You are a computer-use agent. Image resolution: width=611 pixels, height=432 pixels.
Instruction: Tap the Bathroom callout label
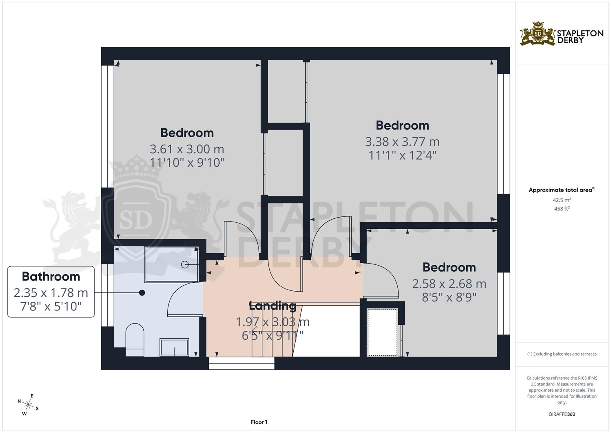click(x=51, y=292)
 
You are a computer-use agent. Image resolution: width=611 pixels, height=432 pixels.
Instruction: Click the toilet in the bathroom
click(x=135, y=340)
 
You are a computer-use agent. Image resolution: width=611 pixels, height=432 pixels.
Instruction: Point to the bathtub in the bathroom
click(x=172, y=264)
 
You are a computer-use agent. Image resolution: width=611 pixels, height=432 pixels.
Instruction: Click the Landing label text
click(x=272, y=306)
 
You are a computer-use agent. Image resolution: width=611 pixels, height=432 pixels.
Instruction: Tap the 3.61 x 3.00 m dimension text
click(x=187, y=149)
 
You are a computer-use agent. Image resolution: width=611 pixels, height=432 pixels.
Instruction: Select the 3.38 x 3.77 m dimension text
click(x=402, y=142)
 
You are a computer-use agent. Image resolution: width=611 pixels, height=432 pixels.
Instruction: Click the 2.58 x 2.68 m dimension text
click(x=449, y=284)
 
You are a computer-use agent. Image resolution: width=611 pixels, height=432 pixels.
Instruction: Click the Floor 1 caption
click(x=259, y=422)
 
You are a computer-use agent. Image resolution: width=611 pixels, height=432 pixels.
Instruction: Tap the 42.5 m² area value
click(x=562, y=200)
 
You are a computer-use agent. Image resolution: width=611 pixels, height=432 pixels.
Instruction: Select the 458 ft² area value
click(x=562, y=208)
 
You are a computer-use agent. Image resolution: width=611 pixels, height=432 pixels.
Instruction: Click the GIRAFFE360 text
click(x=561, y=414)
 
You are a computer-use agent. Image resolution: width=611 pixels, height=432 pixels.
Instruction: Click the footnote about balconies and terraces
click(x=561, y=354)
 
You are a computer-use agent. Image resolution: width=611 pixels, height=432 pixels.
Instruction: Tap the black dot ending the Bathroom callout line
click(x=142, y=293)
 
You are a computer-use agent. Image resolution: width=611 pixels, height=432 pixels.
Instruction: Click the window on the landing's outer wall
click(x=241, y=363)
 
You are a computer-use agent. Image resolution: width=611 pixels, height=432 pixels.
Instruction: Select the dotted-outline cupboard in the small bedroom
click(x=383, y=332)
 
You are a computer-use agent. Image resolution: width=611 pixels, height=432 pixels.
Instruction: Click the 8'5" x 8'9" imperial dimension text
click(x=449, y=298)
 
